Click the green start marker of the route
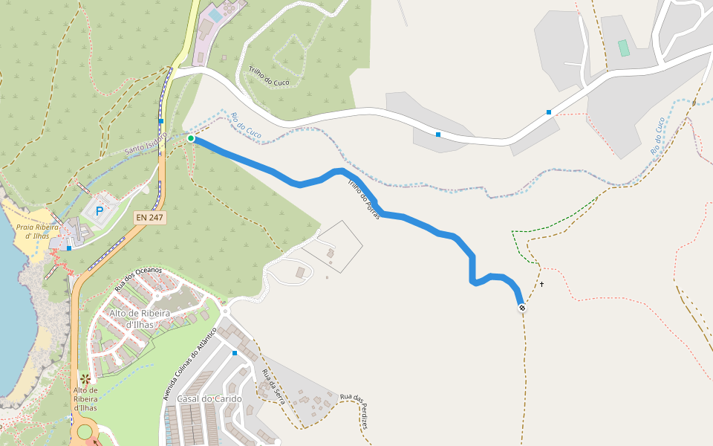(191, 138)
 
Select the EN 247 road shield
(149, 218)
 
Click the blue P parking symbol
(100, 212)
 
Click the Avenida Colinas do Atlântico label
(190, 362)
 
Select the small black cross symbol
(541, 284)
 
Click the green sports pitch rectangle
(623, 48)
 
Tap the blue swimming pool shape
(215, 15)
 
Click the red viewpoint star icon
(85, 379)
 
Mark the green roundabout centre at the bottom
(84, 432)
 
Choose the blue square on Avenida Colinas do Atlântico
(235, 352)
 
